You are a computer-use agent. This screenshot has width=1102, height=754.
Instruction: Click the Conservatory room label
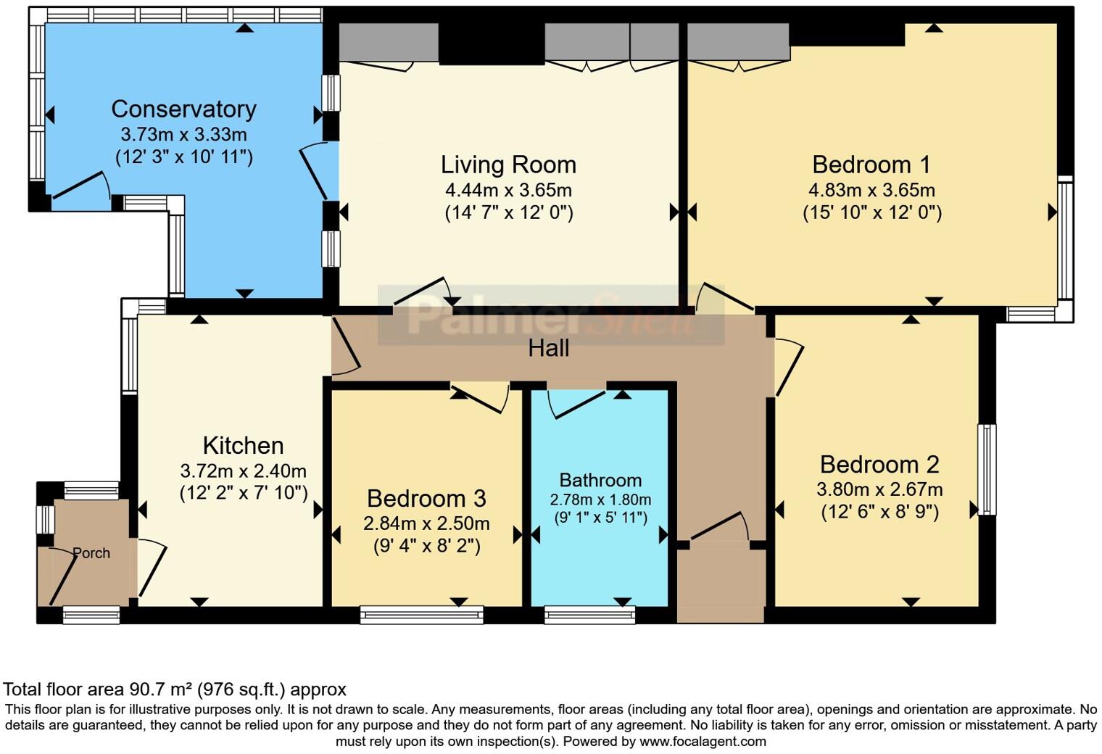coord(183,109)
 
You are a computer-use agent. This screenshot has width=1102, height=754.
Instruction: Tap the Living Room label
coord(508,165)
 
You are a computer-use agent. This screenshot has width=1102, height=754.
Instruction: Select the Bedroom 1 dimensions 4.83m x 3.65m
coord(871,190)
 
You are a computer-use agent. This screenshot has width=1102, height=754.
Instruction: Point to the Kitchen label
coord(243,446)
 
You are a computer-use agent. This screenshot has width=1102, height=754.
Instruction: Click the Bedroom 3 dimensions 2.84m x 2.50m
coord(426,523)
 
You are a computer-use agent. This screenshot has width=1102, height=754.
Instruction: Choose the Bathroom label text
coord(600,480)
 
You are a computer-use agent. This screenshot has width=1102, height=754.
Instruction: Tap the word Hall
coord(549,348)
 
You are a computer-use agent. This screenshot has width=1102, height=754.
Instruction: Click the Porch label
coord(91,553)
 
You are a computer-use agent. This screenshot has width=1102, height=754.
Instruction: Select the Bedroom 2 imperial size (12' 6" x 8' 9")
coord(879,512)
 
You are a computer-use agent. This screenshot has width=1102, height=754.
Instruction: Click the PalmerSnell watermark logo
coord(551,315)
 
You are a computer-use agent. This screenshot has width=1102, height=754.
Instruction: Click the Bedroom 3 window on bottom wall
coord(422,615)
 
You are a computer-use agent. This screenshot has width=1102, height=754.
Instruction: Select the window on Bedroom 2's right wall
coord(987,469)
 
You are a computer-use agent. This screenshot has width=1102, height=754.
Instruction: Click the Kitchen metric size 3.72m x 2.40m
coord(243,471)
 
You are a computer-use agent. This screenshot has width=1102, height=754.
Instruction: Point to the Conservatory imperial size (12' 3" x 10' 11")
coord(184,157)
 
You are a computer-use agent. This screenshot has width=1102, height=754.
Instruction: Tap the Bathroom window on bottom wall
coord(589,615)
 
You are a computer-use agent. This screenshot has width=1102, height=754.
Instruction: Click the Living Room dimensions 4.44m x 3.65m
coord(508,190)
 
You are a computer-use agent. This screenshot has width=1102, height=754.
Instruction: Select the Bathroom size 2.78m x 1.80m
coord(600,500)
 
